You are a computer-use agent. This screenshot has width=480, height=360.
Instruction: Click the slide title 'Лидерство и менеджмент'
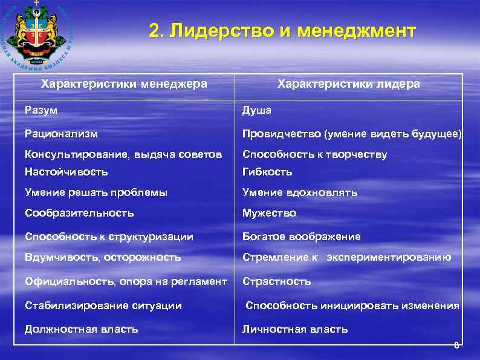[282, 31]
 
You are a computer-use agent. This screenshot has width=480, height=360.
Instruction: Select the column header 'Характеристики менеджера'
[124, 84]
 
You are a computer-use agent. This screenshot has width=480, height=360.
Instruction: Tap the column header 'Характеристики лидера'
[348, 84]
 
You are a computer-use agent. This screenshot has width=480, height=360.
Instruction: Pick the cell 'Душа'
[257, 110]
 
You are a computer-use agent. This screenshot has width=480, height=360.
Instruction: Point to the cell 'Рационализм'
[61, 133]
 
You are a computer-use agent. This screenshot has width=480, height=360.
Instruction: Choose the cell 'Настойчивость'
[66, 172]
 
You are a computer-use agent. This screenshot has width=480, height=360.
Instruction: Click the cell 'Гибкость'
[267, 172]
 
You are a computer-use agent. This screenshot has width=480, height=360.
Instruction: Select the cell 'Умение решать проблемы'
[96, 192]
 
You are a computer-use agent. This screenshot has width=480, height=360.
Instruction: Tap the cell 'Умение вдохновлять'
[300, 192]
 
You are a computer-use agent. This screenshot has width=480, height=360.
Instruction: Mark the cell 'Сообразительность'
[79, 213]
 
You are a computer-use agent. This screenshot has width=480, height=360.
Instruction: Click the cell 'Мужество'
[269, 213]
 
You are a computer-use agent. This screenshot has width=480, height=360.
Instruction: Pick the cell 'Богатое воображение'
[301, 237]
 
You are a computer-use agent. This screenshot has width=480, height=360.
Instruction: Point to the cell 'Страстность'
[276, 281]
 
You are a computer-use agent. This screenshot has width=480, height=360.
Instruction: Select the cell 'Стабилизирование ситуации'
[103, 306]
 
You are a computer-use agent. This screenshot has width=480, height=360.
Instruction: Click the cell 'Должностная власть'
[81, 329]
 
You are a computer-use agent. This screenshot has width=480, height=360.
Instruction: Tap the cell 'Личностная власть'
[294, 329]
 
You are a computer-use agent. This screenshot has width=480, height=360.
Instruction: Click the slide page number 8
[456, 345]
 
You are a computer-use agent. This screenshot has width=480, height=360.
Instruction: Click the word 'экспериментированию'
[389, 257]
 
